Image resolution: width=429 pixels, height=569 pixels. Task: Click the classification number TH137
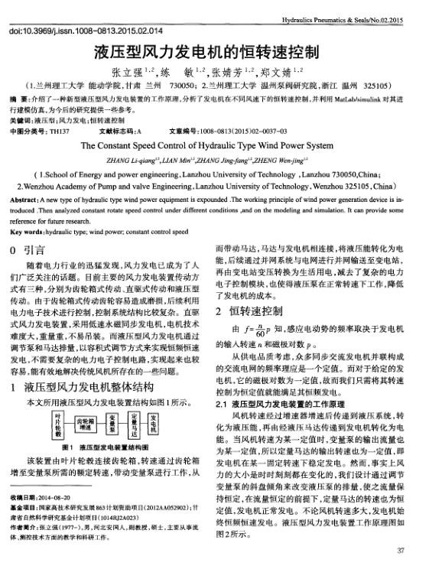coord(59,131)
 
